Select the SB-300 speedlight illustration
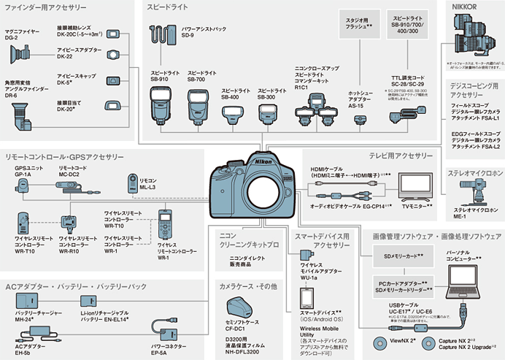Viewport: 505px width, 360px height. pos(266,112)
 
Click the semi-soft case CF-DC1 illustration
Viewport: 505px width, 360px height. pos(242,307)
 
